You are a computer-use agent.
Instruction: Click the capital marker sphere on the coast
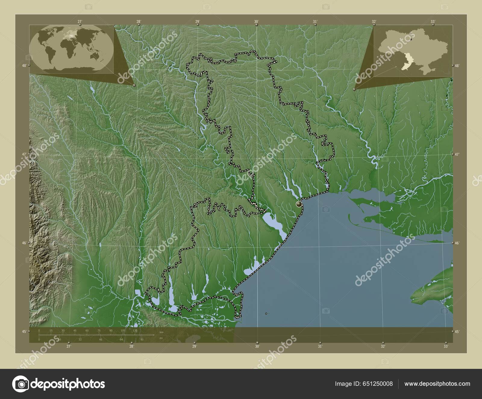(299, 204)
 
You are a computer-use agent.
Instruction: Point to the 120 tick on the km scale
(135, 331)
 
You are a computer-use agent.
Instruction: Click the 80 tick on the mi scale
(142, 339)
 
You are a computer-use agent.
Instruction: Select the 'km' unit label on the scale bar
(161, 332)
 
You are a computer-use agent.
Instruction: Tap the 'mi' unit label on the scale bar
(161, 338)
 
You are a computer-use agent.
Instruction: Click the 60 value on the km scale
(87, 331)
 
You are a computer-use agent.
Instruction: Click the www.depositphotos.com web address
(437, 384)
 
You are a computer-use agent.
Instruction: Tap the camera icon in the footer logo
(20, 384)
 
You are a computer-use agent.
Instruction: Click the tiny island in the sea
(266, 313)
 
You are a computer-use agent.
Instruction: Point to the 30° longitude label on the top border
(256, 22)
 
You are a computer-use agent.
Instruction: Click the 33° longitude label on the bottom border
(446, 346)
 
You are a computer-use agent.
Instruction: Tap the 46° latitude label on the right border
(457, 243)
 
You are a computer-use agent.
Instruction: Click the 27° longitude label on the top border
(80, 22)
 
